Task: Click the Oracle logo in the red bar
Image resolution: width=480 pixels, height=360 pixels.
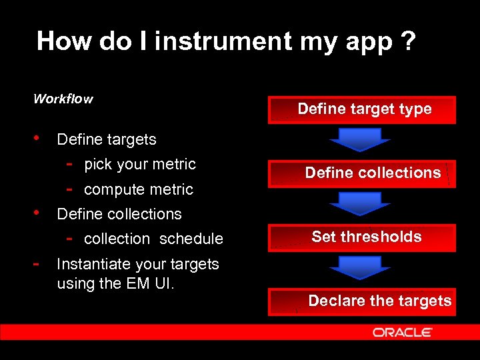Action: [x=402, y=332]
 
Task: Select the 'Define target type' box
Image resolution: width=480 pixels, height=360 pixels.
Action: [x=362, y=110]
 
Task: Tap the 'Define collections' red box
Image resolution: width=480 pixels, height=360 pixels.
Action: [x=362, y=173]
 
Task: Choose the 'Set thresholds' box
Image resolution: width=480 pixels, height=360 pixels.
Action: [x=362, y=237]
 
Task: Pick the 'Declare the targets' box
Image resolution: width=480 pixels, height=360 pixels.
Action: [x=362, y=301]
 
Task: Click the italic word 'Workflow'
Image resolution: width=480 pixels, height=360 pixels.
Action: [x=63, y=99]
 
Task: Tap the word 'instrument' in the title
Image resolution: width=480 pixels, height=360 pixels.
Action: [x=223, y=41]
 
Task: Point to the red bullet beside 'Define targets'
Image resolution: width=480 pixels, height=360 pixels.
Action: [x=37, y=139]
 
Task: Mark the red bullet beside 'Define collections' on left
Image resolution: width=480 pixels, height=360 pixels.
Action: [x=37, y=213]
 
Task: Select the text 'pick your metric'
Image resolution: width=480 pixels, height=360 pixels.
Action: [x=140, y=165]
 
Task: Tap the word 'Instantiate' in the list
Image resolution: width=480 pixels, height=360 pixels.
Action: [x=93, y=264]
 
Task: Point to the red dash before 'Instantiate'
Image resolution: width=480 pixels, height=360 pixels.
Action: [x=37, y=263]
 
